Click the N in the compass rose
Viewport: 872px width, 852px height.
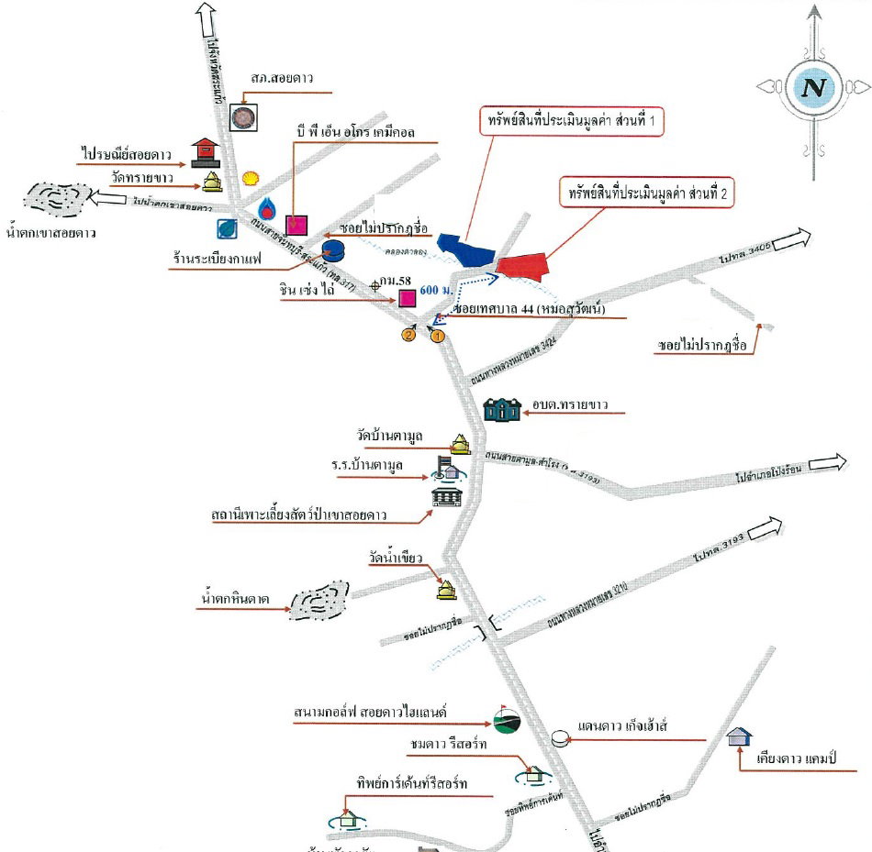coord(811,87)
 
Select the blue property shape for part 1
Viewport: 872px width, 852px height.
coord(465,248)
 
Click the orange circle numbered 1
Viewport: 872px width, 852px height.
coord(438,336)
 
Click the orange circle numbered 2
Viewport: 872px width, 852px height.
coord(408,335)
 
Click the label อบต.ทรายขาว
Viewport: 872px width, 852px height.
coord(570,404)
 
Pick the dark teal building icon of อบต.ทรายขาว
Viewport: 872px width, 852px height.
coord(503,410)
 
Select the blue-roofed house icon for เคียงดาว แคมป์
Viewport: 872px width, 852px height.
coord(739,736)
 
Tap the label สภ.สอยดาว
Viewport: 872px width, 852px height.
coord(282,78)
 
